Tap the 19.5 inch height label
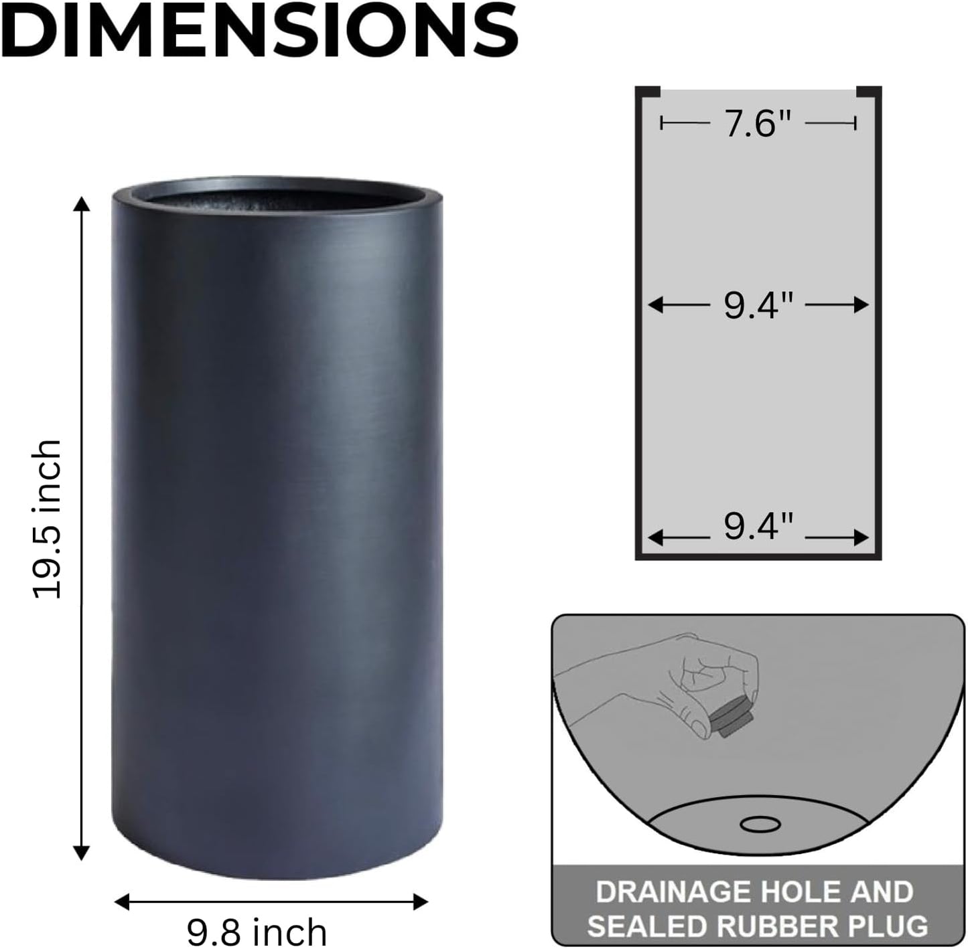point(48,519)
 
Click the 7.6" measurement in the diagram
point(758,124)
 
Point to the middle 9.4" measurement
point(758,306)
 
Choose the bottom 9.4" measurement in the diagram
point(758,526)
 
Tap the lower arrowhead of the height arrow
point(82,853)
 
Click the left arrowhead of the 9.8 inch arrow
point(121,901)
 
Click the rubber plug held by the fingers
point(731,721)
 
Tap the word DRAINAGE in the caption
point(672,891)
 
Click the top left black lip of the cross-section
point(648,91)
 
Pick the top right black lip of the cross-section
point(868,91)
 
